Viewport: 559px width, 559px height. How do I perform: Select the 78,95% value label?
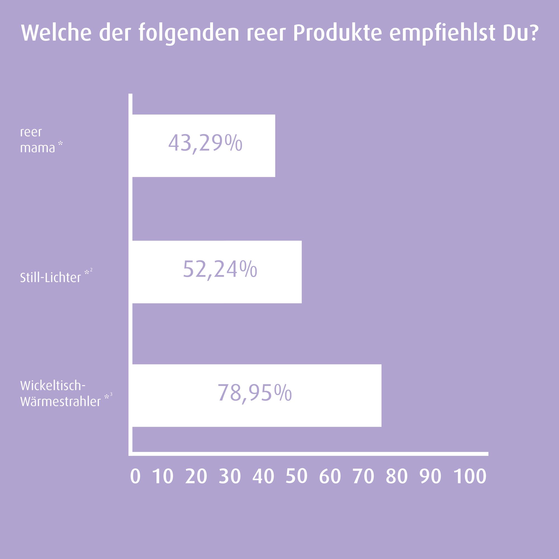pos(255,393)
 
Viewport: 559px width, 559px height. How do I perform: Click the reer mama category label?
pos(38,140)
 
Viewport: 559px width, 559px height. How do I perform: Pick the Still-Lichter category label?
pos(51,278)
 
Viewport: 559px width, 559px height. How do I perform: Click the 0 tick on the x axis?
pos(135,476)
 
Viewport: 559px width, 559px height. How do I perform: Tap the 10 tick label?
pos(163,476)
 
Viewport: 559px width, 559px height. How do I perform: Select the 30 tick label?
pos(230,476)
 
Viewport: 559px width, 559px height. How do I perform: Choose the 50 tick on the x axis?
pos(296,476)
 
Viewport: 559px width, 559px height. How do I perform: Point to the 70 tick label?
pos(363,476)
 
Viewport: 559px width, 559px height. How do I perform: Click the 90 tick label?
pos(430,476)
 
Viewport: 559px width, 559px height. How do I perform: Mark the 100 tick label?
pos(470,476)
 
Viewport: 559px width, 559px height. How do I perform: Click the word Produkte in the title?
pos(337,34)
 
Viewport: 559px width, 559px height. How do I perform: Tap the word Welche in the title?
pos(56,34)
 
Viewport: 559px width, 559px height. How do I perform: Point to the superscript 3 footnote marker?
pos(111,394)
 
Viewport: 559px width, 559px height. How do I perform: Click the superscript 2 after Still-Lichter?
pos(91,270)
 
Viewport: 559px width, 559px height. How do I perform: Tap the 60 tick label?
pos(330,476)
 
